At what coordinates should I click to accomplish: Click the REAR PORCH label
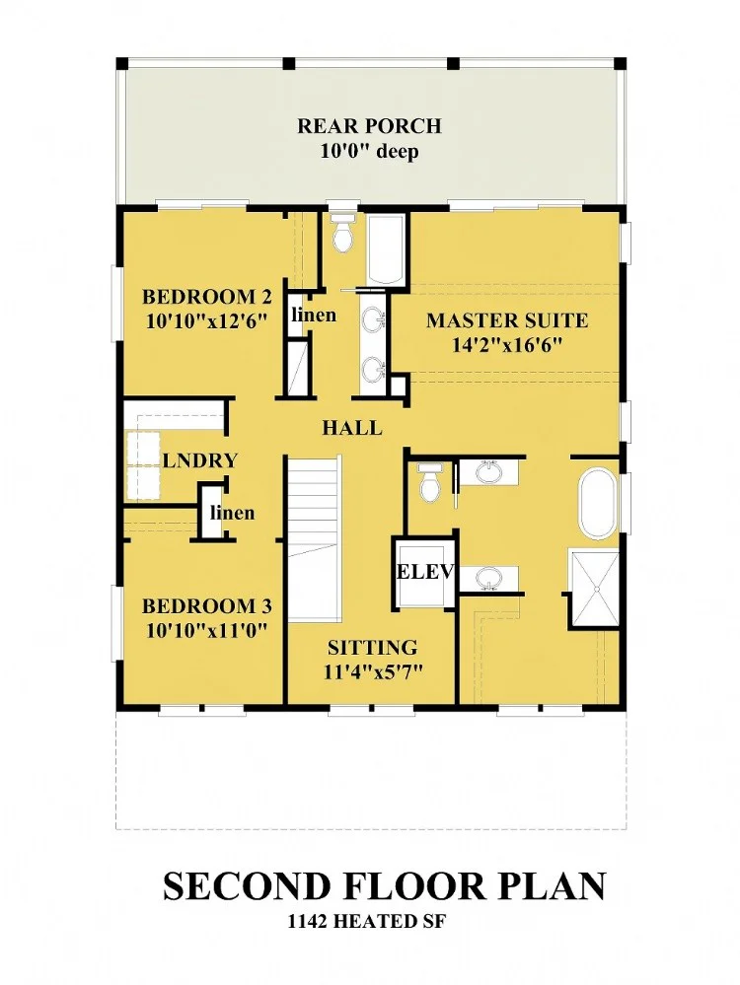coord(369,125)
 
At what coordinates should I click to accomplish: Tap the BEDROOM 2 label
coord(207,296)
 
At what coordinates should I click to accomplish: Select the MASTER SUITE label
coord(507,320)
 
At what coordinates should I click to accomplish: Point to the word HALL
coord(352,429)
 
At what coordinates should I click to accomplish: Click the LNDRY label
coord(200,460)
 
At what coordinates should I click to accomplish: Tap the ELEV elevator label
coord(425,572)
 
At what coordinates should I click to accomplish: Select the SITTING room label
coord(372,647)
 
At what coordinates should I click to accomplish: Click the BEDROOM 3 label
coord(207,606)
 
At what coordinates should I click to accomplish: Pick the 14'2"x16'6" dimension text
coord(507,345)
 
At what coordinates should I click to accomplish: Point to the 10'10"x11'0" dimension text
coord(207,630)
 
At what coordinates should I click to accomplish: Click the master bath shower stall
coord(594,586)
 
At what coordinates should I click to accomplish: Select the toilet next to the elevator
coord(430,482)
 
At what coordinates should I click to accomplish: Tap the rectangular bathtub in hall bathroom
coord(386,250)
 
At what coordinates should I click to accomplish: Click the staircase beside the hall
coord(314,538)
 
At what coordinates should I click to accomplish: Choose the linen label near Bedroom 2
coord(313,315)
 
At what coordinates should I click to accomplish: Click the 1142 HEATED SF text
coord(366,922)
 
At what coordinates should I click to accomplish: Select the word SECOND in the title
coord(247,885)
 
